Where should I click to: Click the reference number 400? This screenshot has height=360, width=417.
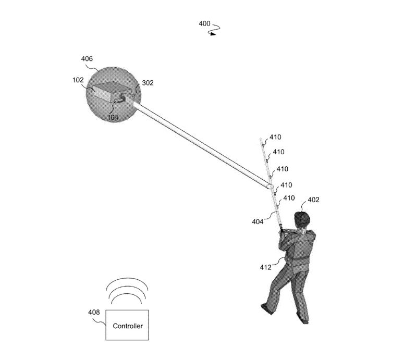pos(204,23)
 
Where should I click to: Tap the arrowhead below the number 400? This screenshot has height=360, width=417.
pos(213,34)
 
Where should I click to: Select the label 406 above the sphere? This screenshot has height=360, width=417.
pos(87,58)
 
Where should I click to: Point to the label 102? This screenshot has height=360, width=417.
pos(78,80)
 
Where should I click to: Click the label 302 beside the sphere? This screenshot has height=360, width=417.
pos(148,83)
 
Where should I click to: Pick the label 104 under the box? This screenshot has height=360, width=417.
pos(113,117)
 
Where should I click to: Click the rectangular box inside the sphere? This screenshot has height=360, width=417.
pos(112,92)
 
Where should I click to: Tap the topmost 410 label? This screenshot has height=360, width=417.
pos(276,137)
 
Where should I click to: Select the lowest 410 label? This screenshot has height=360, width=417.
pos(289,198)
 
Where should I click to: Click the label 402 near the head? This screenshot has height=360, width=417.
pos(314,200)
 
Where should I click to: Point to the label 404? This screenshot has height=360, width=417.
pos(257,222)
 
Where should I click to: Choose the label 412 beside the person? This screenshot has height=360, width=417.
pos(266,267)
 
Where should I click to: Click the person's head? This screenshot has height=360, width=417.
pos(302,219)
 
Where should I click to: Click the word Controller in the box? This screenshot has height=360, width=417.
pos(128,326)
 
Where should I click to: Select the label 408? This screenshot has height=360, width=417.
pos(94,312)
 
